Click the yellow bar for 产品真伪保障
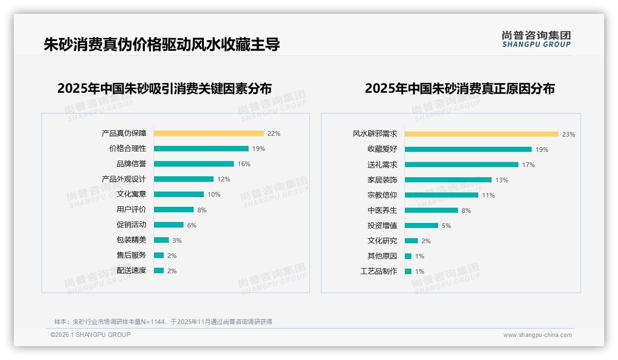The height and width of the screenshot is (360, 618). coord(208,133)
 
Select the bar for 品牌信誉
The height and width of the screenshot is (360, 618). coord(194,164)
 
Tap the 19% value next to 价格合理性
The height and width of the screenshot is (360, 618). coord(259,149)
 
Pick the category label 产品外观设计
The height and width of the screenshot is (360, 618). coord(124,179)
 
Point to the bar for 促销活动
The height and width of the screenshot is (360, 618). coord(169,225)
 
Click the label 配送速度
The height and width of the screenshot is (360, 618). coord(131,270)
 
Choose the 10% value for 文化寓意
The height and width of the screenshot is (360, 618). coord(214,194)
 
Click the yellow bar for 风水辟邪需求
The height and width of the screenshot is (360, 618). coord(481,134)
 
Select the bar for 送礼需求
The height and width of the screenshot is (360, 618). coord(461,165)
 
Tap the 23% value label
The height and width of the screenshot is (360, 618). coord(568,134)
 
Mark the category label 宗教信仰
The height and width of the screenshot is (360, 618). coord(382,195)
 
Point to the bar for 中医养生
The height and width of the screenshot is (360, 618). coord(431,210)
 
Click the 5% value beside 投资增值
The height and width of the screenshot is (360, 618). coord(446,226)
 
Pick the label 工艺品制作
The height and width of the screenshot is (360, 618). coord(378,271)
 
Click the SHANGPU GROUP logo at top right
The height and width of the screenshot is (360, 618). coord(536,39)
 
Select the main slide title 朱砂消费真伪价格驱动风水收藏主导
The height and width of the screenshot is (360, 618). coord(162,45)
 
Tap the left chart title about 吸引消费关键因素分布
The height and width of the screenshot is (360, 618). coord(164,88)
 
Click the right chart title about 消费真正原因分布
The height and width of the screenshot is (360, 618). coord(459,88)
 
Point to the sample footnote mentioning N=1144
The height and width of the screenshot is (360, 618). coord(163,322)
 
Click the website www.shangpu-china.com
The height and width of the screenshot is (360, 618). coord(537,335)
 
